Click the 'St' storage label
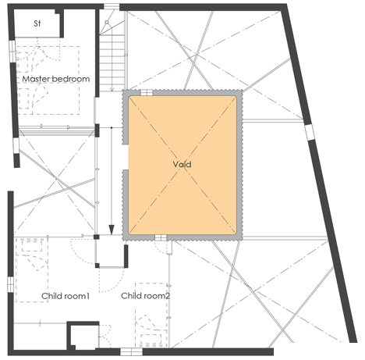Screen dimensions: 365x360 tap(37, 23)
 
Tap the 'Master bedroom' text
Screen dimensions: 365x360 tap(56, 79)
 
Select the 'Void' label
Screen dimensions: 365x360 tap(182, 164)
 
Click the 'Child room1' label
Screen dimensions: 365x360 tap(66, 296)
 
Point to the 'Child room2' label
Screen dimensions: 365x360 tap(146, 296)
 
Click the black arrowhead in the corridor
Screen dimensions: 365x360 tap(112, 230)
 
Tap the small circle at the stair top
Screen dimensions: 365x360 tap(107, 23)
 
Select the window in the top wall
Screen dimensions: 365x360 tap(112, 7)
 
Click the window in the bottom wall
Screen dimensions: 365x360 tap(131, 352)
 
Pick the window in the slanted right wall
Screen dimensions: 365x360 tap(310, 133)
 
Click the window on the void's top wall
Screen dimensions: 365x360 tap(147, 93)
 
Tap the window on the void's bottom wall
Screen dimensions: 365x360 tap(161, 237)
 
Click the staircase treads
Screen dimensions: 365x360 tap(112, 63)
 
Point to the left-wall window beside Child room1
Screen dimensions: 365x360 tap(10, 284)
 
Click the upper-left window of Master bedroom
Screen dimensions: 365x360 tap(12, 52)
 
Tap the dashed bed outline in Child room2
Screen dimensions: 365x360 tap(151, 315)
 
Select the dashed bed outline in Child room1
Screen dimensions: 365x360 tap(32, 269)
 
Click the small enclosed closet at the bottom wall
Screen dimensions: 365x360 tap(83, 336)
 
